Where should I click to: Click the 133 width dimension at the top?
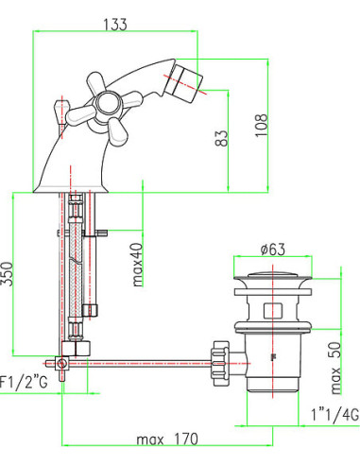(114, 26)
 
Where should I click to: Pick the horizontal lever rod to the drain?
(142, 359)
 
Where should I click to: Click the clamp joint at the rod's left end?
(59, 361)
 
